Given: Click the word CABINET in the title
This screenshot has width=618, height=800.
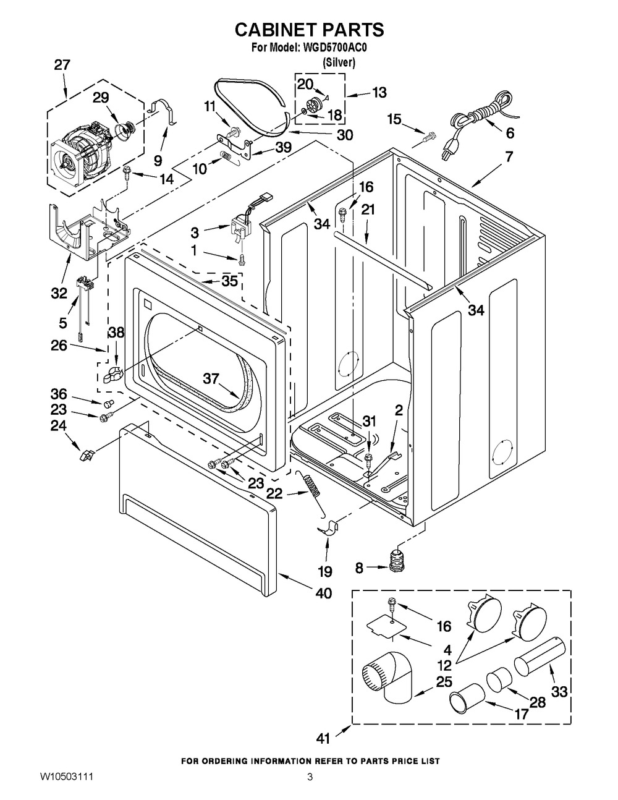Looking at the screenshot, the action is tap(281, 30).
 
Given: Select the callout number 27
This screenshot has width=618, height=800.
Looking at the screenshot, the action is tap(62, 65).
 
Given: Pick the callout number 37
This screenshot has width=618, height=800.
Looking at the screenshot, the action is tap(211, 378).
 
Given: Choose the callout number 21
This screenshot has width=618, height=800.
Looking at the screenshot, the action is tap(368, 210).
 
